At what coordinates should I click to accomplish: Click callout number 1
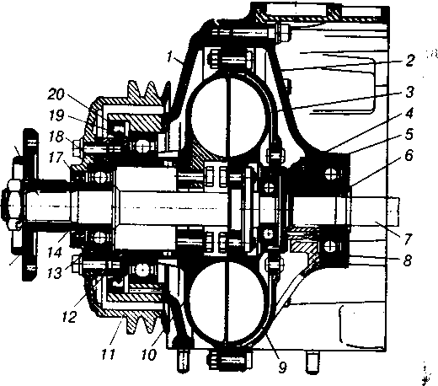[x=169, y=56]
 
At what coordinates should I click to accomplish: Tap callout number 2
[x=409, y=61]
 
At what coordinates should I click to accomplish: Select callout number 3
[x=409, y=92]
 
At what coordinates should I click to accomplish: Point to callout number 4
[x=409, y=113]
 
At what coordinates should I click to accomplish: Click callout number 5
[x=409, y=134]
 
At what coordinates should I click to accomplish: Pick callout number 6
[x=409, y=155]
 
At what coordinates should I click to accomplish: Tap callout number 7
[x=408, y=239]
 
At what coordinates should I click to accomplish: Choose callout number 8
[x=408, y=260]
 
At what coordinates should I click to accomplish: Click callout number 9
[x=282, y=367]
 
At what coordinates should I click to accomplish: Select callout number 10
[x=149, y=355]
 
